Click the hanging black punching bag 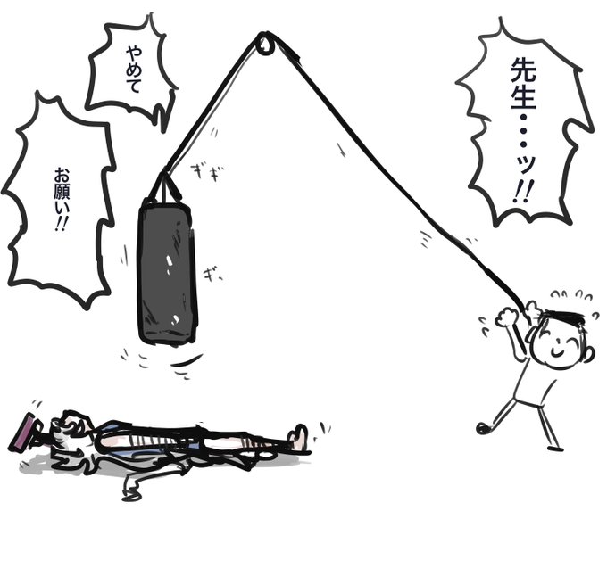tap(166, 272)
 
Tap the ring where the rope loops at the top tap(266, 43)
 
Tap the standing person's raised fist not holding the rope tap(506, 316)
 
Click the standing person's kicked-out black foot tap(483, 428)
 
